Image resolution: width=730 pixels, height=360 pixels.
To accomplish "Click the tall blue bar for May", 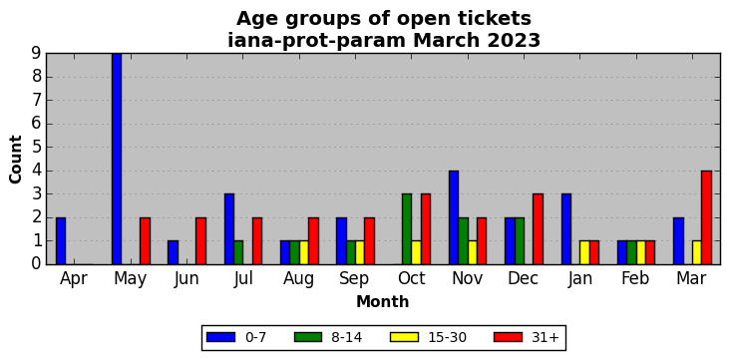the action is [117, 159].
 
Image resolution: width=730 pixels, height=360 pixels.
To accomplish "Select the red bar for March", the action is [706, 217].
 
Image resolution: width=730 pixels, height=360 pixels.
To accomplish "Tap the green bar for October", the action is [407, 229].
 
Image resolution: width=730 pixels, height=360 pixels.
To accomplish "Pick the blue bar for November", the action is [454, 217].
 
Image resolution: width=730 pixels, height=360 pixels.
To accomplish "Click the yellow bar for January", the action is [584, 253].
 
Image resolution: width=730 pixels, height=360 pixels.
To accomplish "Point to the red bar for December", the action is [538, 229].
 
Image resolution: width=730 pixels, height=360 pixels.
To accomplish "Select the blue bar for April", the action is [61, 240].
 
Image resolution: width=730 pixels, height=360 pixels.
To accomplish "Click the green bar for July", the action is [238, 253].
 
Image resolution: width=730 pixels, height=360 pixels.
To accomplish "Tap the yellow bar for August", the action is [303, 253].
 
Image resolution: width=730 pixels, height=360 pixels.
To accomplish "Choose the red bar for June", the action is [200, 240].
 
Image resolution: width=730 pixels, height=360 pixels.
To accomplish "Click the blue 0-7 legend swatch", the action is [220, 337].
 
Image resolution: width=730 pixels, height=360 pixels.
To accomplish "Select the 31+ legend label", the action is [545, 338].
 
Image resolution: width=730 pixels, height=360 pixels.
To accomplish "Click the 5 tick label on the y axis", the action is [37, 148].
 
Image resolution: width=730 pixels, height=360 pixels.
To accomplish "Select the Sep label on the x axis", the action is [355, 278].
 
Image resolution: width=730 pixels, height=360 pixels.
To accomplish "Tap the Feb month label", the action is [635, 278].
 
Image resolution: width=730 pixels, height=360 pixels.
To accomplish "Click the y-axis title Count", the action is [15, 160].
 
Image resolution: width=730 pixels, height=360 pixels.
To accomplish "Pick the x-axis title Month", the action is [383, 302].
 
